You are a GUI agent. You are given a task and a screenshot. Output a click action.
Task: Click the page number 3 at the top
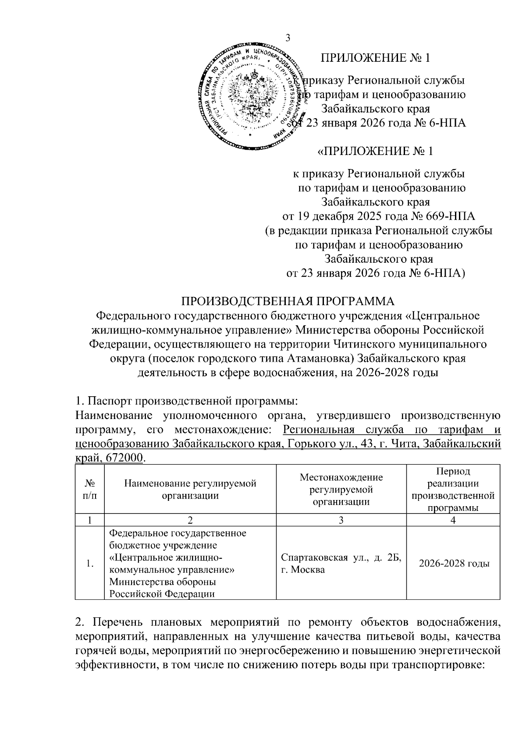(288, 38)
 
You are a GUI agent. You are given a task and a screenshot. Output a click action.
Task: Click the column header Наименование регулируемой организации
(190, 489)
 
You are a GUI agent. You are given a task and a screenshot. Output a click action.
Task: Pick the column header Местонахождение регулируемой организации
(341, 489)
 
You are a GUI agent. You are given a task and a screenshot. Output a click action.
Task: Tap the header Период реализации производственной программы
(453, 489)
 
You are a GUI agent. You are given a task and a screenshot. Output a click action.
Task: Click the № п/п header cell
(90, 489)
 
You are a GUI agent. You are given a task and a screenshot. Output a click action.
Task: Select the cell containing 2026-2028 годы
(453, 563)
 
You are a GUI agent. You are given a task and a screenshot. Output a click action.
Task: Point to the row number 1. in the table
(90, 564)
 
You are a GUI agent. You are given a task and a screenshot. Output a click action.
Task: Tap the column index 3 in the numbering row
(341, 520)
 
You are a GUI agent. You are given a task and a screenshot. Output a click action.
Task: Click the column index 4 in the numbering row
(453, 520)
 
